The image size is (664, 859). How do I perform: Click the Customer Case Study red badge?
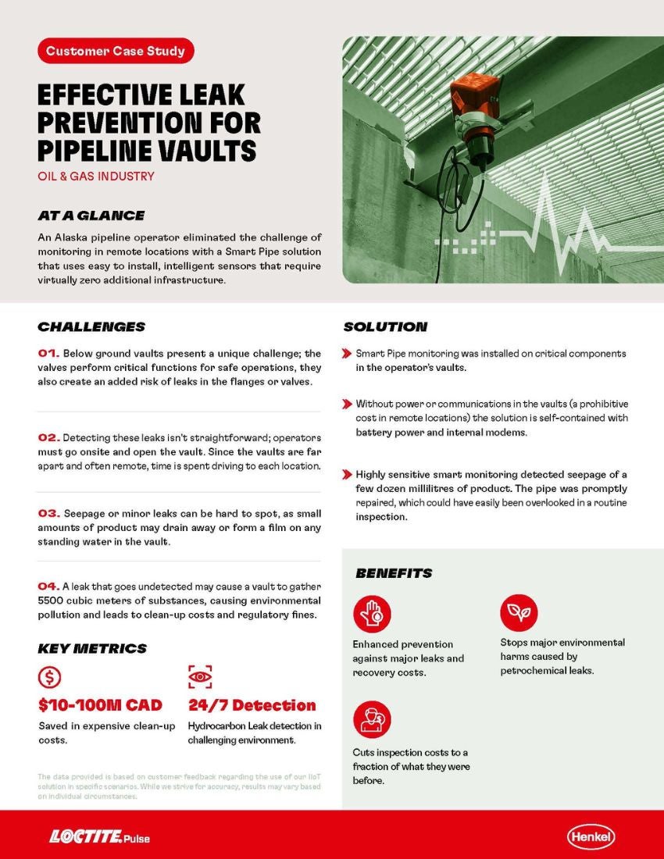pyautogui.click(x=116, y=52)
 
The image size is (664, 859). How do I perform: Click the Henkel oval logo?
pyautogui.click(x=591, y=837)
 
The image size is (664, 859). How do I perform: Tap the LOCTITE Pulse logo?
pyautogui.click(x=99, y=837)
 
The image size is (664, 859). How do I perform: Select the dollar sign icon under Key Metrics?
pyautogui.click(x=49, y=676)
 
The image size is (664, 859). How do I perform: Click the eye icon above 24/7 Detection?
pyautogui.click(x=200, y=676)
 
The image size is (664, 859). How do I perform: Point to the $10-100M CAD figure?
pyautogui.click(x=100, y=705)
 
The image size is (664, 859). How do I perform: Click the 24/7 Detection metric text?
pyautogui.click(x=252, y=705)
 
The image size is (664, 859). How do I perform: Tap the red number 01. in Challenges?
pyautogui.click(x=48, y=354)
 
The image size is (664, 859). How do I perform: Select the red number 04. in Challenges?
pyautogui.click(x=48, y=586)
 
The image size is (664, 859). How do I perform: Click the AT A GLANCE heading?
pyautogui.click(x=91, y=216)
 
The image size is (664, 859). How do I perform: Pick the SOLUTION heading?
pyautogui.click(x=385, y=326)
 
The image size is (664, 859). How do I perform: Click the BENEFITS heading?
pyautogui.click(x=394, y=573)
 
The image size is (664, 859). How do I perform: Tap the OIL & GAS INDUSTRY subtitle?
pyautogui.click(x=96, y=176)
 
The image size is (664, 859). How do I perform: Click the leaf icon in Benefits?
pyautogui.click(x=519, y=613)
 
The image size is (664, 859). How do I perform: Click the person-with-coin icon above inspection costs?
pyautogui.click(x=371, y=719)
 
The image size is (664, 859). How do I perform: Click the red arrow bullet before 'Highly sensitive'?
pyautogui.click(x=347, y=475)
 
